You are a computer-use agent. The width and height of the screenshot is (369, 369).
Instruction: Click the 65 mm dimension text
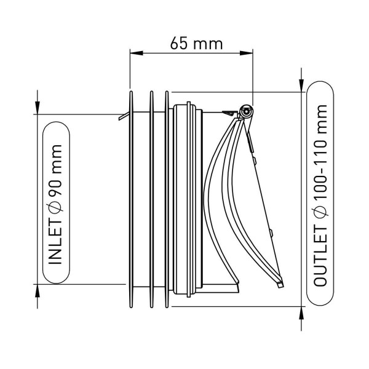(x=196, y=43)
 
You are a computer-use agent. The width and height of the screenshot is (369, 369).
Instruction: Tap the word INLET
(x=55, y=242)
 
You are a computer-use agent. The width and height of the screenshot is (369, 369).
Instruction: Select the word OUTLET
(x=320, y=257)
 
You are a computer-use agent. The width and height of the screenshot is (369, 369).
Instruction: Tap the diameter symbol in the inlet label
(x=55, y=207)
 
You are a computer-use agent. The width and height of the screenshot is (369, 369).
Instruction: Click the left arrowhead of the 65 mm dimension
(x=137, y=53)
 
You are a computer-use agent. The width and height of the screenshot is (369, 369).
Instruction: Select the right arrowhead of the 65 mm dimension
(x=246, y=53)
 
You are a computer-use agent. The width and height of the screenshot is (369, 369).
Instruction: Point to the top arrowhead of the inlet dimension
(x=37, y=108)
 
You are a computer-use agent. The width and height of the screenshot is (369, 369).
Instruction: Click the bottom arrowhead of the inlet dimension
(x=37, y=291)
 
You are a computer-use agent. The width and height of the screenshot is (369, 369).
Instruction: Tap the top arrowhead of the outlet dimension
(x=301, y=85)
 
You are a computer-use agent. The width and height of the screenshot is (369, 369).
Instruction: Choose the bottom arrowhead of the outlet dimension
(x=301, y=313)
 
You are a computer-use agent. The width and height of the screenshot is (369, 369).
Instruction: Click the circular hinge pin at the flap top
(x=246, y=111)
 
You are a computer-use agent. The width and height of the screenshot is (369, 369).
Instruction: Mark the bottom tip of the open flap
(x=280, y=285)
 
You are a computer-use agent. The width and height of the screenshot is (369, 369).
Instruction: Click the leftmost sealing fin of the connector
(x=132, y=234)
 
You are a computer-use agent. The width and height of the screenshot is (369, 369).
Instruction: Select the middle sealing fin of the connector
(x=152, y=234)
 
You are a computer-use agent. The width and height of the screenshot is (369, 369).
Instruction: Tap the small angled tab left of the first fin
(x=124, y=116)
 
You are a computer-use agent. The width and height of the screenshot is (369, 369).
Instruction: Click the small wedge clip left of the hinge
(x=230, y=113)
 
